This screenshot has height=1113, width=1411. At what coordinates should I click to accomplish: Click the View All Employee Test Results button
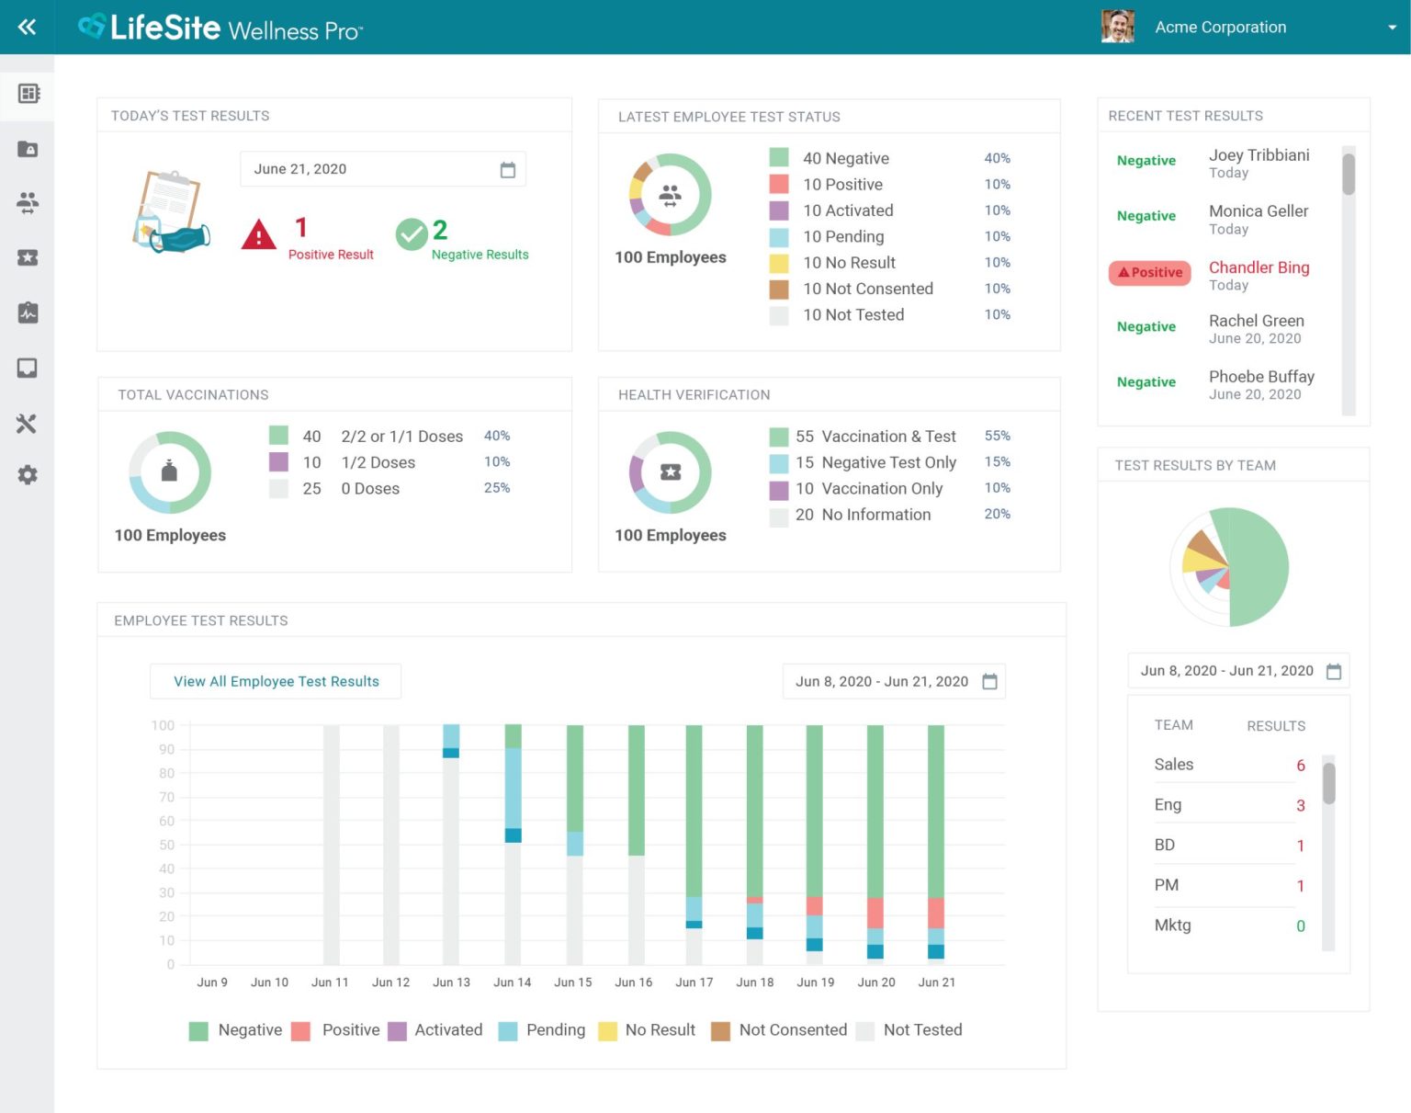[276, 681]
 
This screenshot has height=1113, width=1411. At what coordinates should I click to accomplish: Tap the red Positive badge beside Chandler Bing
[1149, 273]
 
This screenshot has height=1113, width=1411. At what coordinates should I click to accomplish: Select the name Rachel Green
[1256, 321]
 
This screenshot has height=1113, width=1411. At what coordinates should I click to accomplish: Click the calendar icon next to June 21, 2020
[507, 170]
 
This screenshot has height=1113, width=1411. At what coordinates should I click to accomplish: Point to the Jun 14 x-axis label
[512, 982]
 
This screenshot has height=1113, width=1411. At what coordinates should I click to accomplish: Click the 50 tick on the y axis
[166, 845]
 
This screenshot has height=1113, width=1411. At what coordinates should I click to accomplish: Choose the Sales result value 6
[1300, 766]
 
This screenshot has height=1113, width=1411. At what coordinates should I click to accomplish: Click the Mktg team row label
[1172, 926]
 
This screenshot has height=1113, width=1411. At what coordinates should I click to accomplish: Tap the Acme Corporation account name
[1220, 28]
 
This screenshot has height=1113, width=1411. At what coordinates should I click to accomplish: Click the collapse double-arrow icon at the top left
[28, 27]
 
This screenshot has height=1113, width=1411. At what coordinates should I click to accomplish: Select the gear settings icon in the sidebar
[28, 475]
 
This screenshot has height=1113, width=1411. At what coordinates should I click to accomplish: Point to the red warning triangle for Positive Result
[259, 235]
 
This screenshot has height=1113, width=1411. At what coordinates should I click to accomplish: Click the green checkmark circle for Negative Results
[412, 234]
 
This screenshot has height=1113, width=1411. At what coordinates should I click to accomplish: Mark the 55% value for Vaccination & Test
[997, 436]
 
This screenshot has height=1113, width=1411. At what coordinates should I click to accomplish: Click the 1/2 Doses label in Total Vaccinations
[378, 462]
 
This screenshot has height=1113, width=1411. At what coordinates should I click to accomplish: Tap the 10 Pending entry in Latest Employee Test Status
[842, 237]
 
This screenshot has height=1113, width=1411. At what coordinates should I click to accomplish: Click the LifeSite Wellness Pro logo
[220, 28]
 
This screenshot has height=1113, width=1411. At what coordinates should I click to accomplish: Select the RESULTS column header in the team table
[1275, 726]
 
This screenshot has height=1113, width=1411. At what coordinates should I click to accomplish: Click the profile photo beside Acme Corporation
[1117, 27]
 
